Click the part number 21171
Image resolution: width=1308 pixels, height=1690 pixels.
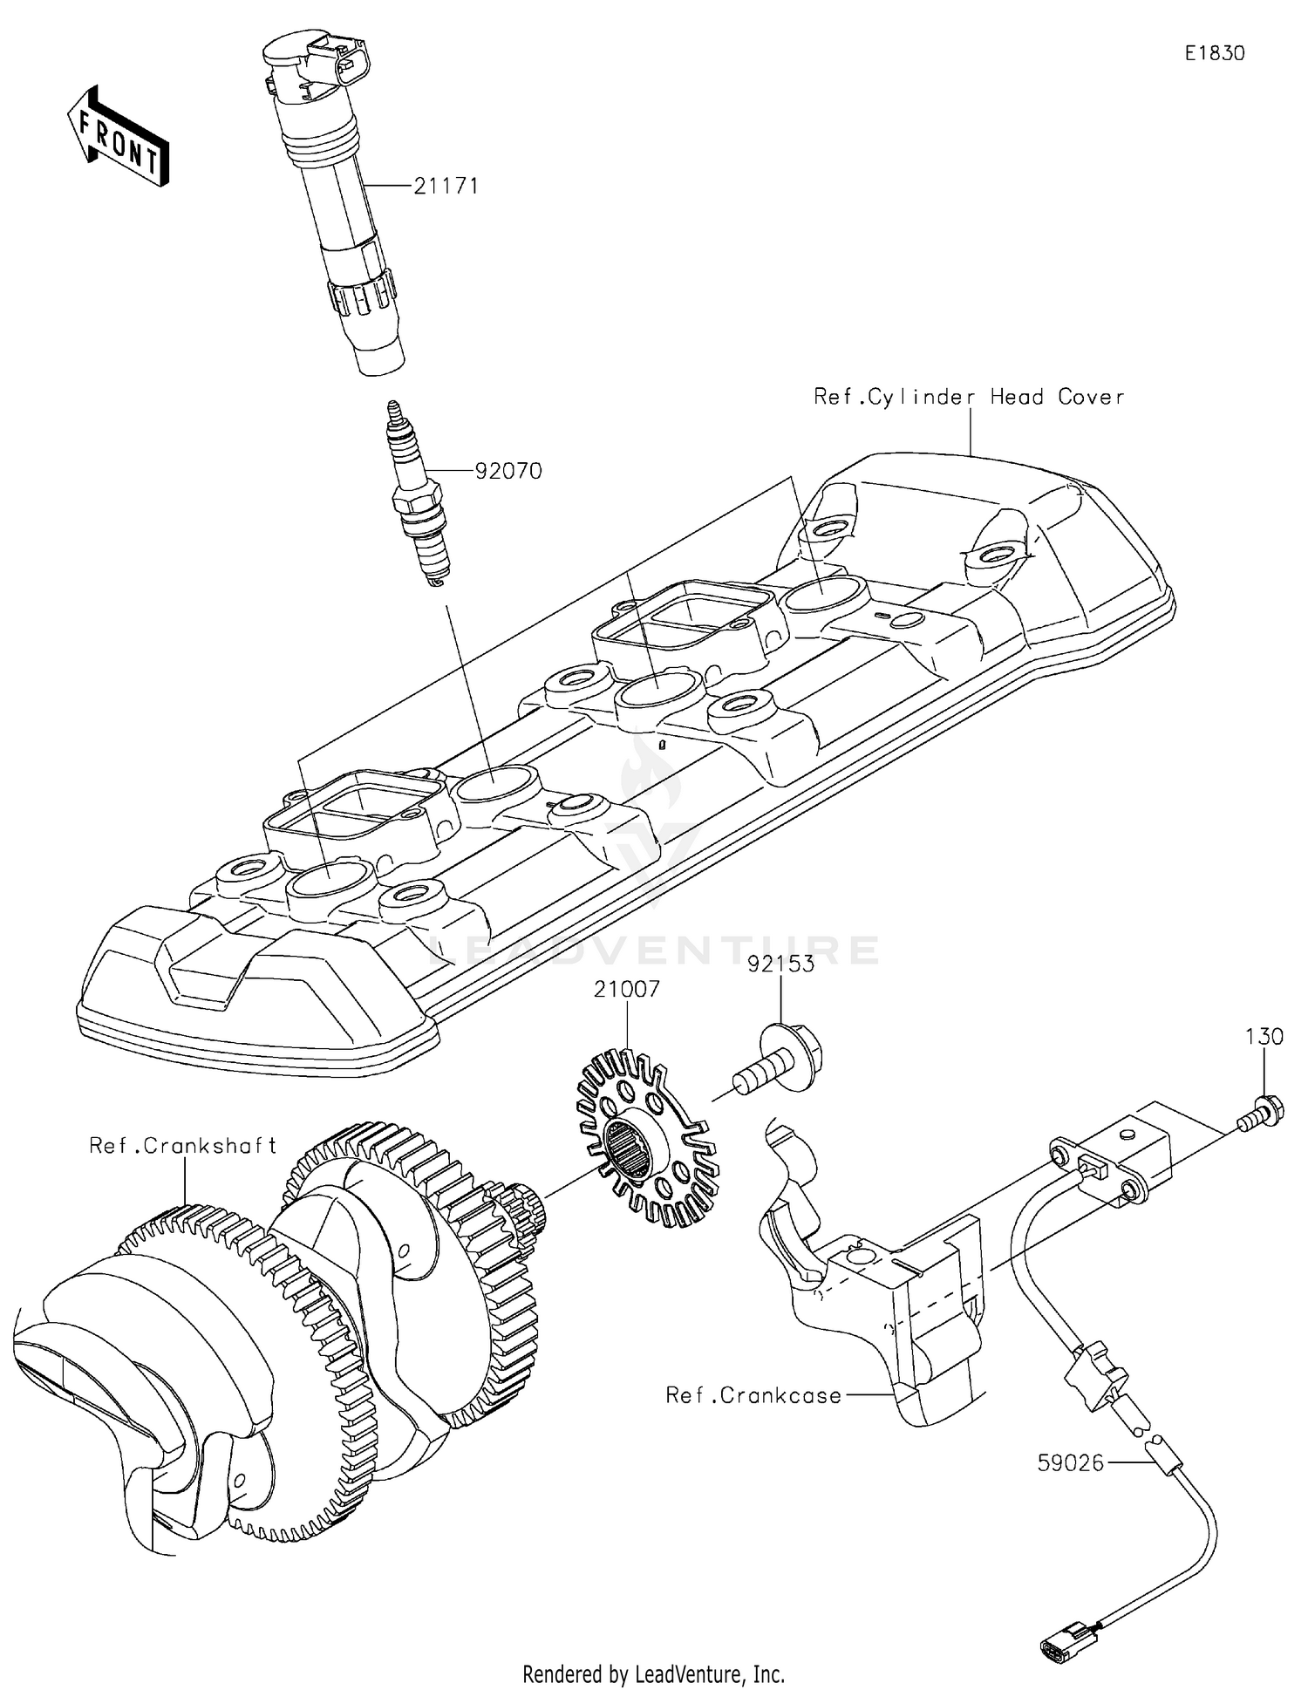pyautogui.click(x=446, y=186)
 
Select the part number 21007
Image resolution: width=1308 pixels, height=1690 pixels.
pyautogui.click(x=627, y=990)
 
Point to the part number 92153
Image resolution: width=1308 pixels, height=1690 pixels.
pyautogui.click(x=781, y=964)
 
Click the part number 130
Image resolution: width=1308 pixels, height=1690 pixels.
pyautogui.click(x=1264, y=1037)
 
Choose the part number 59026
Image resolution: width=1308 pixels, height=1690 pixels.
pyautogui.click(x=1070, y=1462)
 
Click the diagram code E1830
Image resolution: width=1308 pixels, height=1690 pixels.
pyautogui.click(x=1214, y=53)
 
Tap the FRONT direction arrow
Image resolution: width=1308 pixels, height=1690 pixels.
pyautogui.click(x=118, y=137)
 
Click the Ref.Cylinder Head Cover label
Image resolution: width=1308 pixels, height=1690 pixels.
pyautogui.click(x=968, y=397)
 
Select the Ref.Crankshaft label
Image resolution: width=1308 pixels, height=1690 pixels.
pyautogui.click(x=183, y=1145)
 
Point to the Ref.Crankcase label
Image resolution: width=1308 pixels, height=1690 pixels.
pyautogui.click(x=753, y=1395)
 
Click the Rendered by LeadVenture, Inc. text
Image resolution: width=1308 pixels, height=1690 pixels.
pyautogui.click(x=653, y=1673)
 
